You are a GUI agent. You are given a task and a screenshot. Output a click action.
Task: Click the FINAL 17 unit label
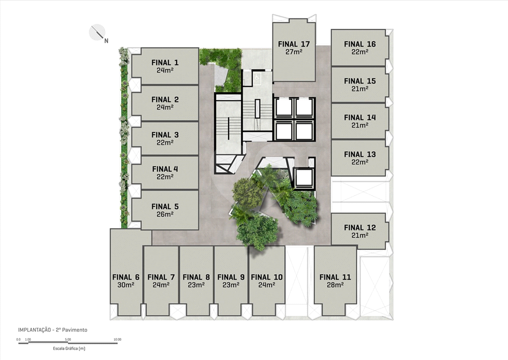(x=294, y=44)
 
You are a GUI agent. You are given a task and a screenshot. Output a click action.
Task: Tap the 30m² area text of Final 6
(x=126, y=285)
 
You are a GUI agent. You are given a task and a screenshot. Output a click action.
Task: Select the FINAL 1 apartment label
(x=165, y=62)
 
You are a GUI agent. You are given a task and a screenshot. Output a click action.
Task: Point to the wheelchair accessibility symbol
(x=257, y=77)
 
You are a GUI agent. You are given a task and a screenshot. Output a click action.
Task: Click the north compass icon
(x=97, y=32)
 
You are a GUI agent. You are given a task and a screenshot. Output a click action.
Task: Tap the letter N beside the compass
(x=106, y=41)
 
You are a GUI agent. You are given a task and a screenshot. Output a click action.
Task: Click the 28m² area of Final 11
(x=335, y=285)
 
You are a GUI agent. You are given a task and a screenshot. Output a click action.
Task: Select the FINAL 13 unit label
(x=360, y=154)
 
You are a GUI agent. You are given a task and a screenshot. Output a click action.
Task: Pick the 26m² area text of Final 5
(x=165, y=214)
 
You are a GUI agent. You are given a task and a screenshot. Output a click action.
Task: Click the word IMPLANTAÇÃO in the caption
(x=34, y=330)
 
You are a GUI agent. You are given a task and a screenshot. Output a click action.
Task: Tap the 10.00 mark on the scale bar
(x=117, y=340)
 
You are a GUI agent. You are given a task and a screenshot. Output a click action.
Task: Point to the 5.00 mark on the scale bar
(x=67, y=340)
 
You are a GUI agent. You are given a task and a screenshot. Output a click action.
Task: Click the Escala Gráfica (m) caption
(x=69, y=349)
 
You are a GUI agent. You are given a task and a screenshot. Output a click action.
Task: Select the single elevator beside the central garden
(x=304, y=178)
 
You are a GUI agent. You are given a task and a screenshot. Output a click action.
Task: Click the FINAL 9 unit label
(x=231, y=277)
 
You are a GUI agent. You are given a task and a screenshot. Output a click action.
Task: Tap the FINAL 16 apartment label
(x=360, y=44)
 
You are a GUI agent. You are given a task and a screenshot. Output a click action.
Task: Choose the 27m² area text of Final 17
(x=294, y=52)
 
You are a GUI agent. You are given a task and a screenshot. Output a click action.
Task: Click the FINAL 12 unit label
(x=360, y=227)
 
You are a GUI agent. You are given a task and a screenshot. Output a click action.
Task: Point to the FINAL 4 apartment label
(x=165, y=169)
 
